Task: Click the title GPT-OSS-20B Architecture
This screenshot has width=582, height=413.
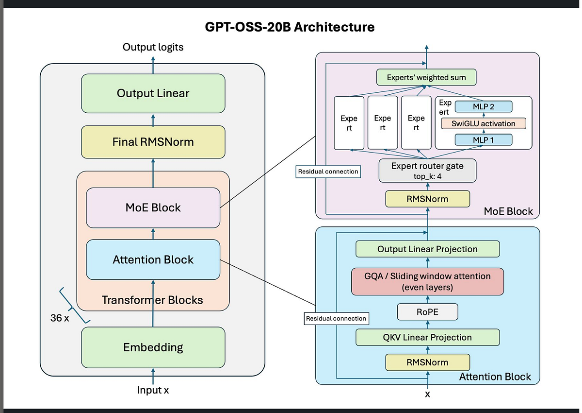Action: pyautogui.click(x=291, y=27)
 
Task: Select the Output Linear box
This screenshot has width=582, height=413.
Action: pyautogui.click(x=153, y=93)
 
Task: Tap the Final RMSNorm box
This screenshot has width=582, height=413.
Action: pyautogui.click(x=153, y=142)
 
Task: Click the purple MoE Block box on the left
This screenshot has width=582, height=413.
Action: pyautogui.click(x=153, y=208)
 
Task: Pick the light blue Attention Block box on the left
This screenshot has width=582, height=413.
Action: pyautogui.click(x=153, y=260)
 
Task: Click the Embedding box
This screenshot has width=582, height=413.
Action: pyautogui.click(x=153, y=347)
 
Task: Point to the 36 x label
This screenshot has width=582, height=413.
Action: pyautogui.click(x=59, y=318)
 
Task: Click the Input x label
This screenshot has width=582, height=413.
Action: pyautogui.click(x=153, y=390)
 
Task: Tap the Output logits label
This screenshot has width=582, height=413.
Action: pyautogui.click(x=153, y=47)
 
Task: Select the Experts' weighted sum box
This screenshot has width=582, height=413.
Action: pyautogui.click(x=426, y=77)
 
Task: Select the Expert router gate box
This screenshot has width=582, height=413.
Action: pyautogui.click(x=427, y=171)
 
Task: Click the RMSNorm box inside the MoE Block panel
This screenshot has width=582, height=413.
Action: pyautogui.click(x=427, y=199)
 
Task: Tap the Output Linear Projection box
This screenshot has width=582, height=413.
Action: pyautogui.click(x=427, y=249)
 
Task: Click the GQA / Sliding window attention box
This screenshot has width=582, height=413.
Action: pyautogui.click(x=427, y=281)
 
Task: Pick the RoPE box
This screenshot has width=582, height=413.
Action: pyautogui.click(x=427, y=312)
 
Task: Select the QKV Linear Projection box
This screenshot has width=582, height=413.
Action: pyautogui.click(x=427, y=337)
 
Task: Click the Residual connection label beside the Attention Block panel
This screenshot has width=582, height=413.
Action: pyautogui.click(x=336, y=319)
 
